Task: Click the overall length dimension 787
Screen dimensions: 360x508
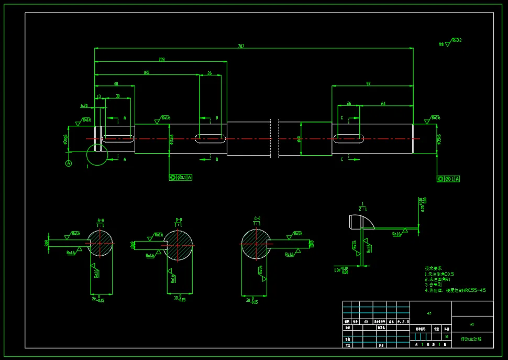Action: (x=241, y=46)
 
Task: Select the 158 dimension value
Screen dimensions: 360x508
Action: (x=161, y=59)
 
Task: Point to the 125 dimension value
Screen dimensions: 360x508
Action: (x=146, y=72)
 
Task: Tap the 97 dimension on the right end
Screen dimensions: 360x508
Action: (x=368, y=84)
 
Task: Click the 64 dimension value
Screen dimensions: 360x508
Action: (x=383, y=103)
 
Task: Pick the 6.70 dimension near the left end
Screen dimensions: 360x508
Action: (x=84, y=105)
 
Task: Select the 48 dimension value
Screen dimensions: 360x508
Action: (x=116, y=84)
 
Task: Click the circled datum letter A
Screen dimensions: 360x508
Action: (x=68, y=163)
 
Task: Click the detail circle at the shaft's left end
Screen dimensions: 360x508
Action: (x=97, y=155)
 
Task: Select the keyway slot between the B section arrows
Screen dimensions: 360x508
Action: (x=211, y=139)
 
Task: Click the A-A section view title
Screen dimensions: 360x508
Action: (x=101, y=220)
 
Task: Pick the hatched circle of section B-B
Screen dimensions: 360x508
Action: (x=179, y=244)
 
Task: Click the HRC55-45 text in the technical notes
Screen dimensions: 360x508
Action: (x=474, y=290)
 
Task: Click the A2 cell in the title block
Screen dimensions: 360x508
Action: (x=472, y=324)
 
